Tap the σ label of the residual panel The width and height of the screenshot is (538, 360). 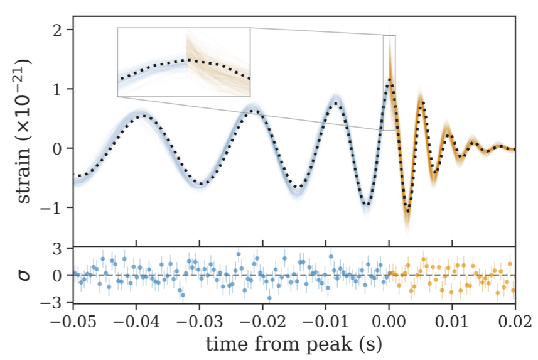[x=25, y=275]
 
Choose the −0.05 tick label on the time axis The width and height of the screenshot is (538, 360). [x=73, y=320]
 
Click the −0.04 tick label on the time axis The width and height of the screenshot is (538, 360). [x=136, y=320]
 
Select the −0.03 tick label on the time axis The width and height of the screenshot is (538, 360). [x=200, y=320]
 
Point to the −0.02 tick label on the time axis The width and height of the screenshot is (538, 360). [x=262, y=320]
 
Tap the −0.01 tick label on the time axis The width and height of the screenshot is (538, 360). [x=326, y=320]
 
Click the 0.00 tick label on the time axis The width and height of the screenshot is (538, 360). [x=389, y=320]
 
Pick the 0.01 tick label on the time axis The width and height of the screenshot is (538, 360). [x=452, y=320]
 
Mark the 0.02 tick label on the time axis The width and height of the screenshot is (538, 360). [x=515, y=320]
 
